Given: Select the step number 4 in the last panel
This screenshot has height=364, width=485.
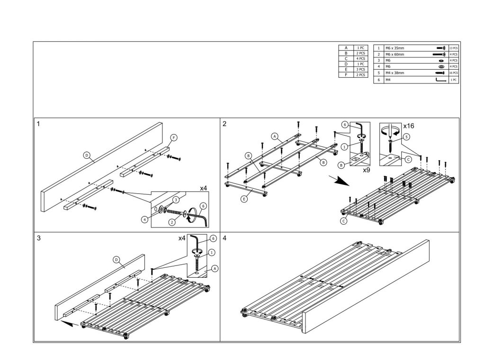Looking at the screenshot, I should click(x=224, y=238).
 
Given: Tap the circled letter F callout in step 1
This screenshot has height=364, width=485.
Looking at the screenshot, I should click(x=174, y=138).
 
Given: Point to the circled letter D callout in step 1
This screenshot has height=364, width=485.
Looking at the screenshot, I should click(x=87, y=155).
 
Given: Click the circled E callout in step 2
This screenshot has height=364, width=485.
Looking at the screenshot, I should click(x=244, y=199).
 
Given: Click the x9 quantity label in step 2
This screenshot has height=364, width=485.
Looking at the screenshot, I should click(x=366, y=169).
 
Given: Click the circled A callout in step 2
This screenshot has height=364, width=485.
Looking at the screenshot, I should click(x=274, y=136).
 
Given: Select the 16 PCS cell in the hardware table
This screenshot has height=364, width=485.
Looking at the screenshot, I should click(x=453, y=73).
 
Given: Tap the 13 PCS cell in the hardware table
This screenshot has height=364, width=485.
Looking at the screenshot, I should click(x=453, y=48).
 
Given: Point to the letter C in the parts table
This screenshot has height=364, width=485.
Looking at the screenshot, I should click(x=346, y=59).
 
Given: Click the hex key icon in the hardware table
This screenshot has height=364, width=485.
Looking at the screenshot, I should click(x=441, y=81).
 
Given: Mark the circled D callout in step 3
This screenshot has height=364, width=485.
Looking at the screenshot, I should click(x=116, y=260).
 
